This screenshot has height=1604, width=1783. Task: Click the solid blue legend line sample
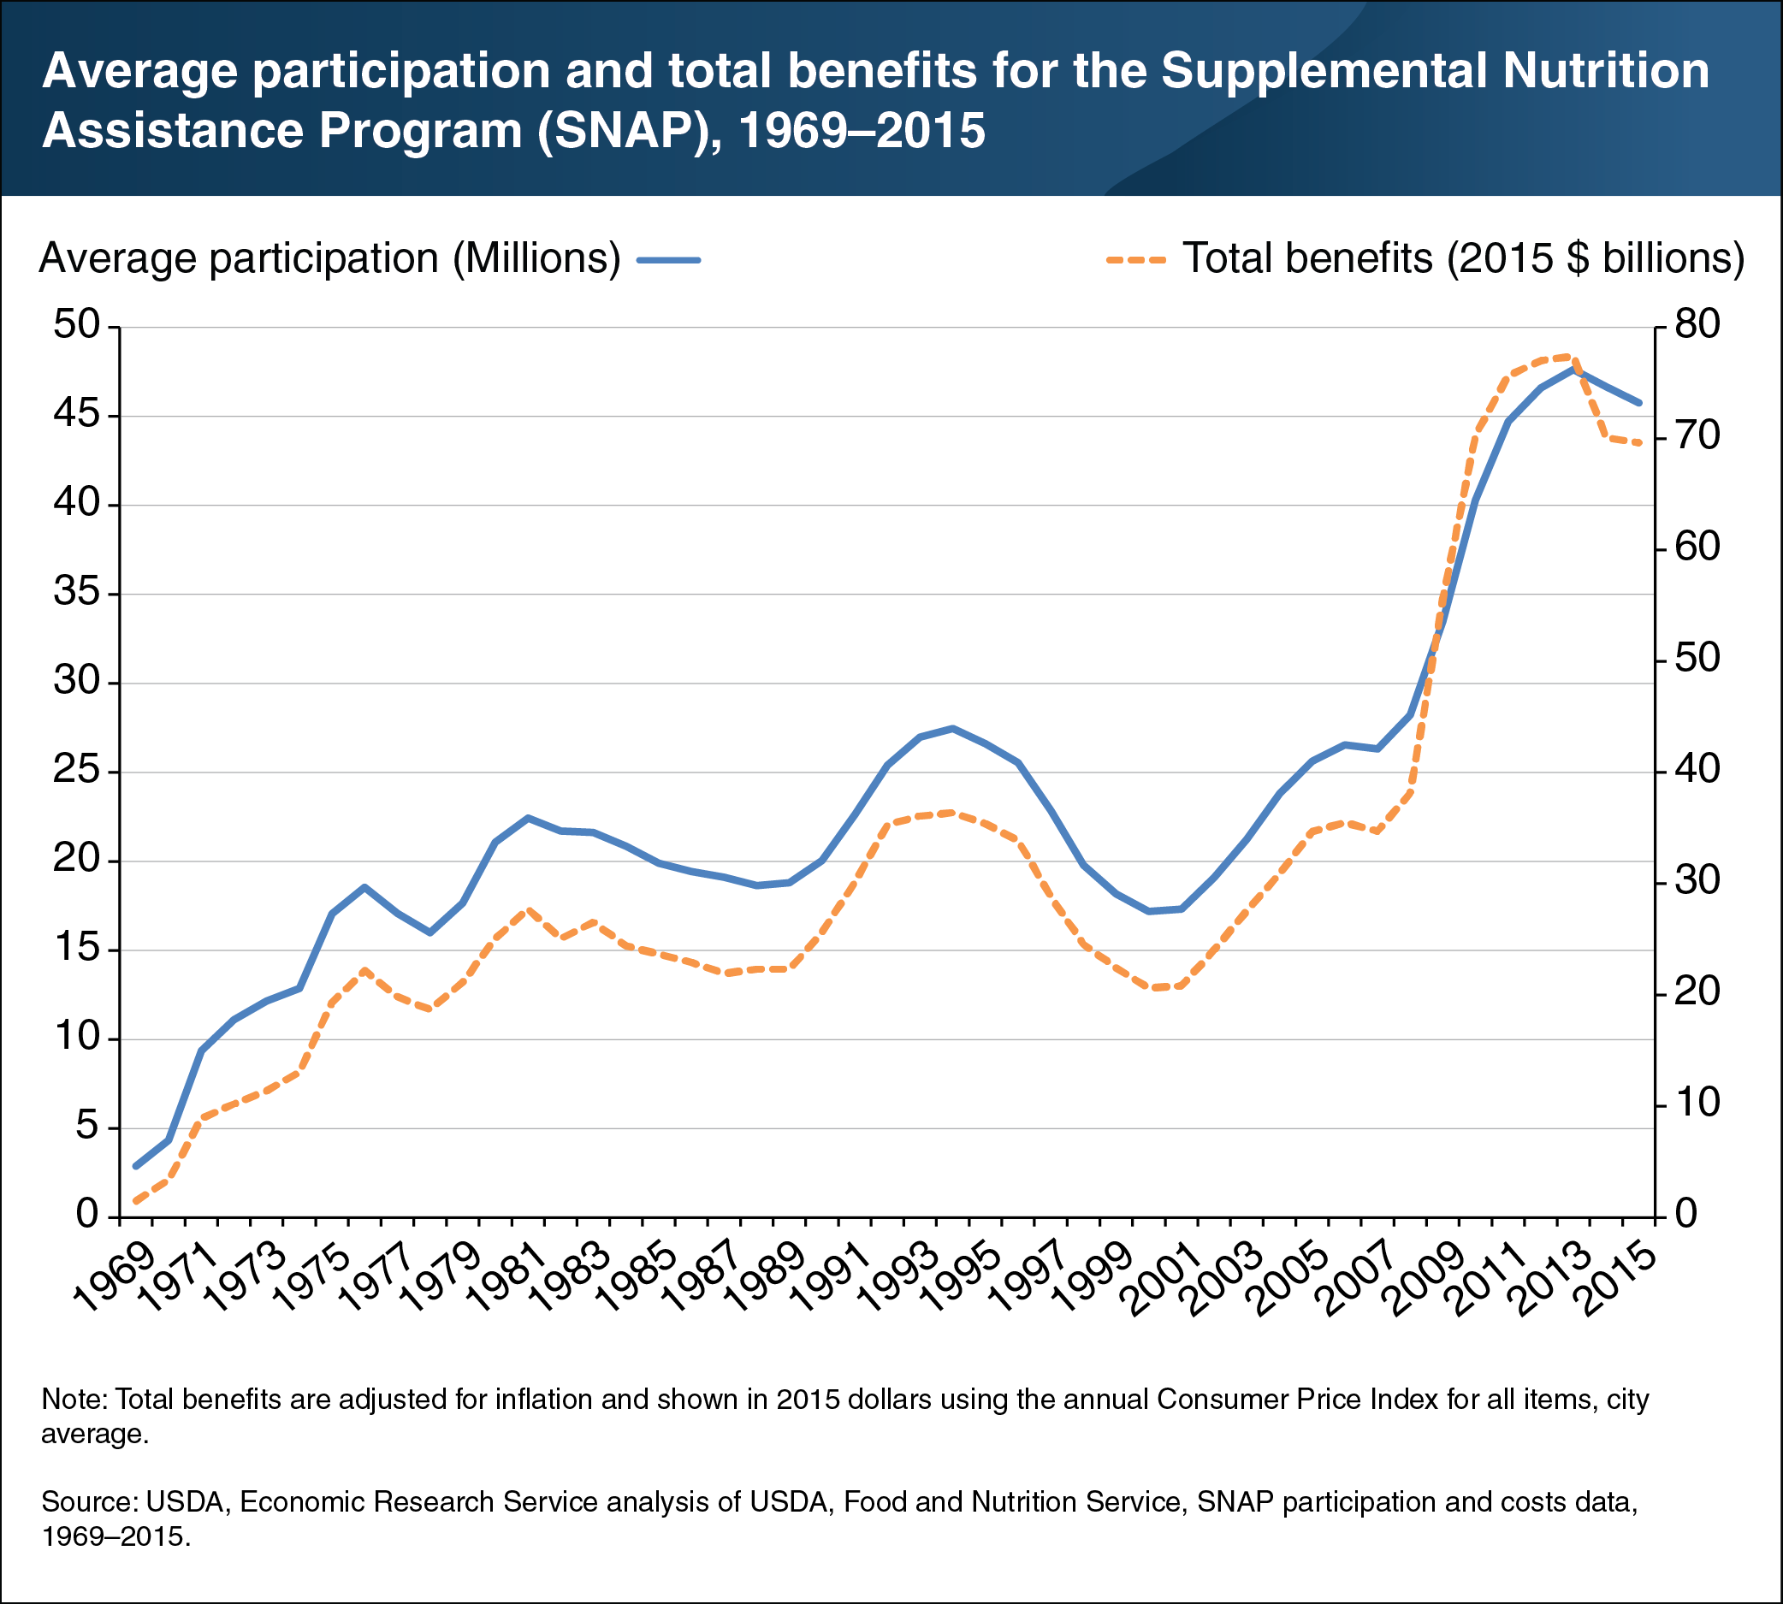pyautogui.click(x=669, y=260)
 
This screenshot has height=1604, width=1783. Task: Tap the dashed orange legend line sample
pyautogui.click(x=1136, y=260)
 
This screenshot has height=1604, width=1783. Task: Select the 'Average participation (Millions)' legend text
pyautogui.click(x=329, y=259)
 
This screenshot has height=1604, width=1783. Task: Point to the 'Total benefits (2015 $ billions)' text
pyautogui.click(x=1463, y=259)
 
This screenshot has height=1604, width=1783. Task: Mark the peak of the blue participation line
pyautogui.click(x=1574, y=369)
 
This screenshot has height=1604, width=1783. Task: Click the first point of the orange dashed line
pyautogui.click(x=136, y=1200)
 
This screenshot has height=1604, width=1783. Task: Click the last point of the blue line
pyautogui.click(x=1639, y=403)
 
